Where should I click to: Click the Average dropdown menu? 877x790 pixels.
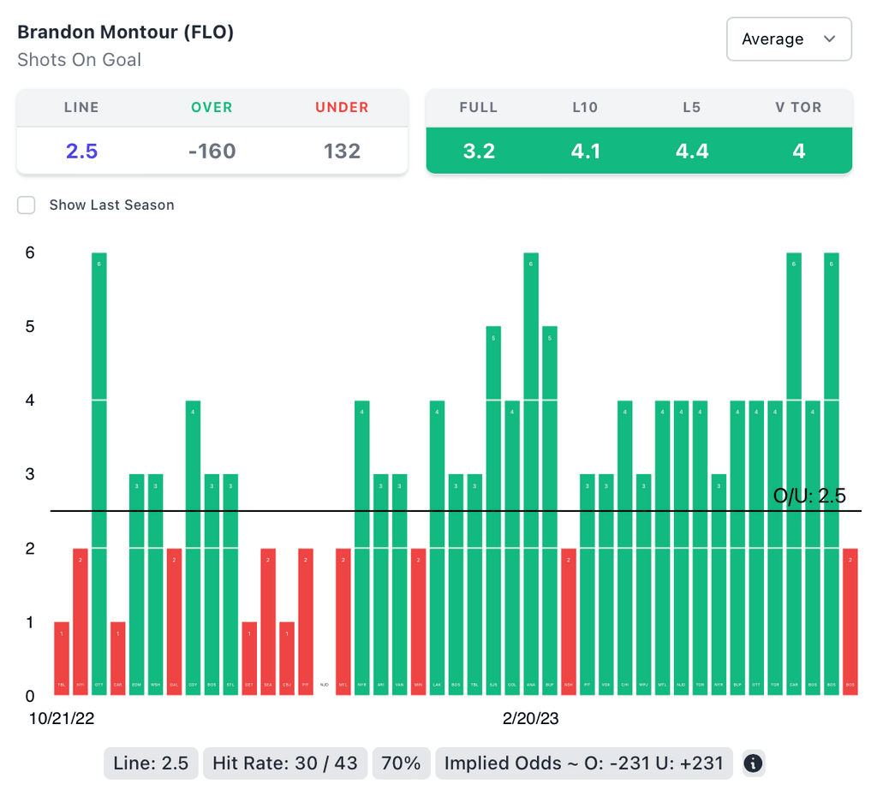[789, 39]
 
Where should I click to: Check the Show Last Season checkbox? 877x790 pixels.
[27, 205]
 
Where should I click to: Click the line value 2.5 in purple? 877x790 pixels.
[82, 151]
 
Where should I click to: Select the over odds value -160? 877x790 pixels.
[212, 151]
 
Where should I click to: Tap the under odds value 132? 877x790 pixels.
[342, 151]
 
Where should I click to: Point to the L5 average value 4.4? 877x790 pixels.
[692, 151]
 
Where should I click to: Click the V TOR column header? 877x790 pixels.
[798, 108]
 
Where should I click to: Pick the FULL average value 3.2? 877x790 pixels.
[479, 151]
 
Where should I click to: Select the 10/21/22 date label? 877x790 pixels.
[61, 719]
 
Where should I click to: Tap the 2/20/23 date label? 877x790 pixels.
[530, 719]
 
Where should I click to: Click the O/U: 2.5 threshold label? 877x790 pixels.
[809, 496]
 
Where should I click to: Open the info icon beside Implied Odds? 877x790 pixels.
[753, 763]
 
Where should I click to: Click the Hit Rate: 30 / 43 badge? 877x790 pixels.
[284, 763]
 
